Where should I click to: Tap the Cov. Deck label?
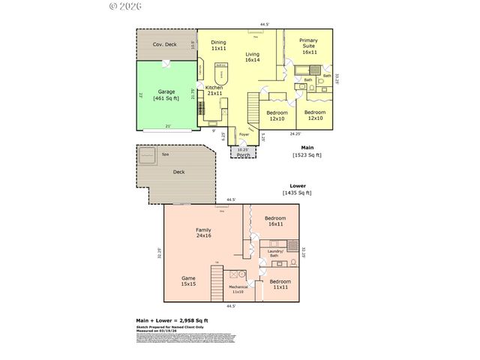(165, 44)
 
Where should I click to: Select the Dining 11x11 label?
(218, 45)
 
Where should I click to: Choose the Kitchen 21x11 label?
(214, 91)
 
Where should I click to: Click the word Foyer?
(244, 135)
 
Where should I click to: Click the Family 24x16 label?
(203, 233)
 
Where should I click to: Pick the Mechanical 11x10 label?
(238, 289)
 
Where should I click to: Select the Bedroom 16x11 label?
(274, 220)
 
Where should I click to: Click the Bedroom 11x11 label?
(280, 284)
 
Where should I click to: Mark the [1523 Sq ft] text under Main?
(307, 155)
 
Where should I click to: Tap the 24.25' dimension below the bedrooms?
(295, 133)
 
